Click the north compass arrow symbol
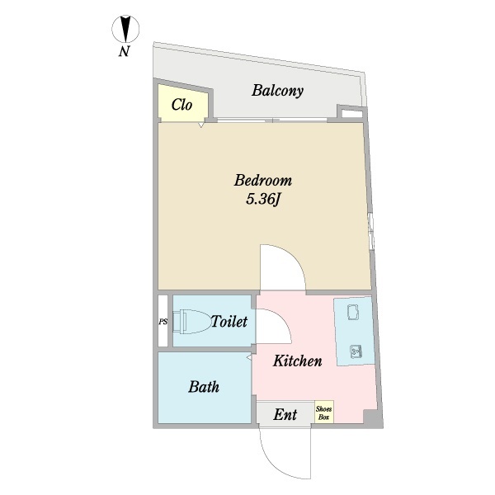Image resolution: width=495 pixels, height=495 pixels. point(125,30)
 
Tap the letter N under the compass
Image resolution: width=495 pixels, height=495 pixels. point(124,53)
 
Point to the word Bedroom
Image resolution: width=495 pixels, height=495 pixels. point(263,181)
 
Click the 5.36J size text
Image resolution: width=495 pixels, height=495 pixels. point(263,200)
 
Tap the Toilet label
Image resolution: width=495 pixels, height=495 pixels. point(229,322)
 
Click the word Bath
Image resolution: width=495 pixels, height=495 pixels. point(203,386)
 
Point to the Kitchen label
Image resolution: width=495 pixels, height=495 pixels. point(297,361)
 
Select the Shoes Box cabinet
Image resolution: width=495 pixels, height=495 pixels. point(323,412)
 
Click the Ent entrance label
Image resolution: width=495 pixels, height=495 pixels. point(285,413)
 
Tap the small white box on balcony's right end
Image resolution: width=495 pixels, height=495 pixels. point(350,113)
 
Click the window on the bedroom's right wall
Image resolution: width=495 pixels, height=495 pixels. point(371,230)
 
